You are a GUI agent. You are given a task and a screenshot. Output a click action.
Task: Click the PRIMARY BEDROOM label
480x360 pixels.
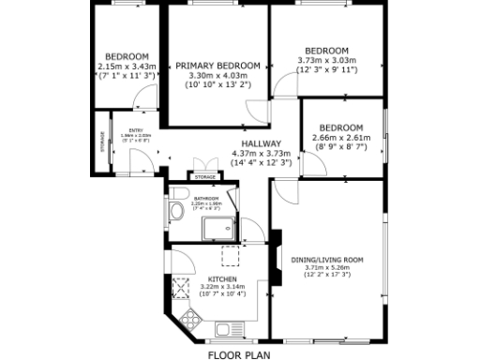(x=217, y=65)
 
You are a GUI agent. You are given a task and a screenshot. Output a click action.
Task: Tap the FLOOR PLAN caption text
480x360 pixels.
(x=238, y=355)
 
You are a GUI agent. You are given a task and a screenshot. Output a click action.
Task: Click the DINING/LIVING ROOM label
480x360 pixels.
(x=326, y=259)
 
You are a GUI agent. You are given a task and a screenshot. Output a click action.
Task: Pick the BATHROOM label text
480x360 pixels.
(x=206, y=200)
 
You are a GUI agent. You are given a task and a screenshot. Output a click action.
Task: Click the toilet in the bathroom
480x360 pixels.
(x=177, y=213)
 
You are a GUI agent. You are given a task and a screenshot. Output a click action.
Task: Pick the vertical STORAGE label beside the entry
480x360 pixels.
(x=101, y=142)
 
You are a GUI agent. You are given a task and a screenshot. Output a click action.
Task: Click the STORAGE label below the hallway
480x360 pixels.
(x=202, y=175)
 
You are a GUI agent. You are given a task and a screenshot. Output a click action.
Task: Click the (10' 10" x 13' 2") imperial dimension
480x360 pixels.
(x=217, y=84)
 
